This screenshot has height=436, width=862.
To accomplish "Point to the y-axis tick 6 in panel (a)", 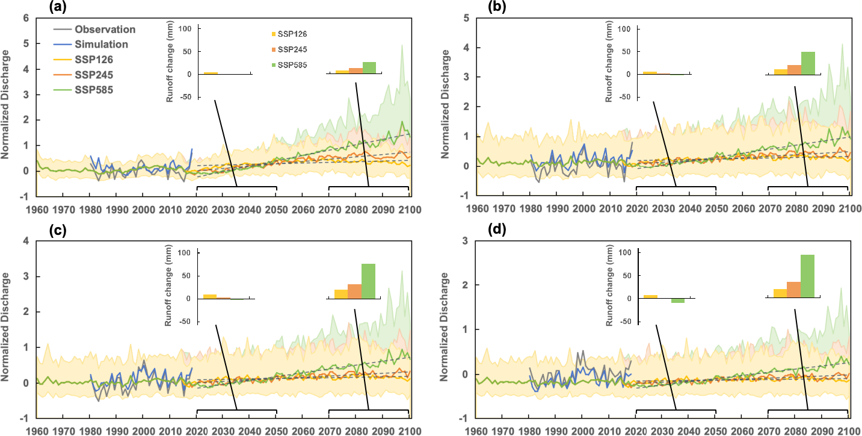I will click(x=25, y=18).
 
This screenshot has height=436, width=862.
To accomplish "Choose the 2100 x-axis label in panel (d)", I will click(x=849, y=431).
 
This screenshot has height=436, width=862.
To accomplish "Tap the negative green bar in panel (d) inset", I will click(x=678, y=301).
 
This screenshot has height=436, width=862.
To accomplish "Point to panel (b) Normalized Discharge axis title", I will click(x=445, y=106).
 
